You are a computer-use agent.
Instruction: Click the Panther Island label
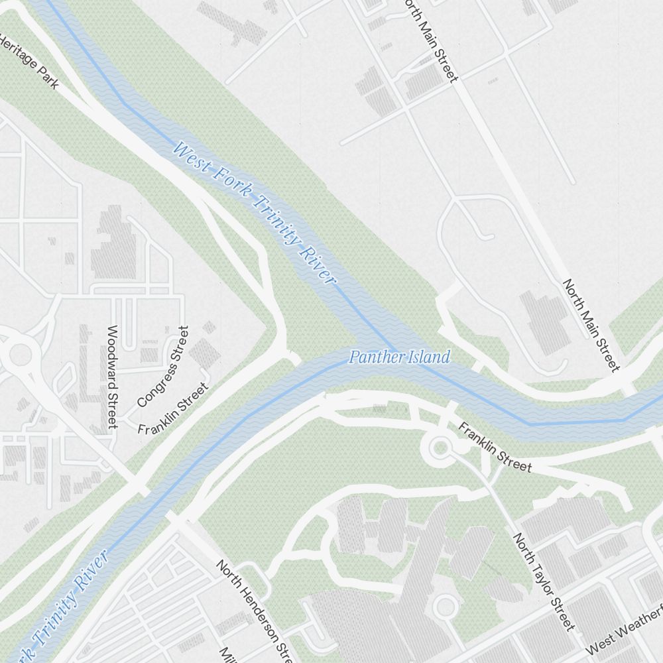pyautogui.click(x=399, y=357)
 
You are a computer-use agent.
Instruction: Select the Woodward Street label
pyautogui.click(x=112, y=376)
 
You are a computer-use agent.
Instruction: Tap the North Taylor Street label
pyautogui.click(x=544, y=581)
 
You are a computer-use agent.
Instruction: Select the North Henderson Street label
pyautogui.click(x=254, y=610)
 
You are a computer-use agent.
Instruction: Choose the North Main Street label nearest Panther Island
pyautogui.click(x=591, y=324)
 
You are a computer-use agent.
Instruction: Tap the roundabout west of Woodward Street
pyautogui.click(x=19, y=354)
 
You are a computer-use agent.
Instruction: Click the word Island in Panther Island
pyautogui.click(x=429, y=357)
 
